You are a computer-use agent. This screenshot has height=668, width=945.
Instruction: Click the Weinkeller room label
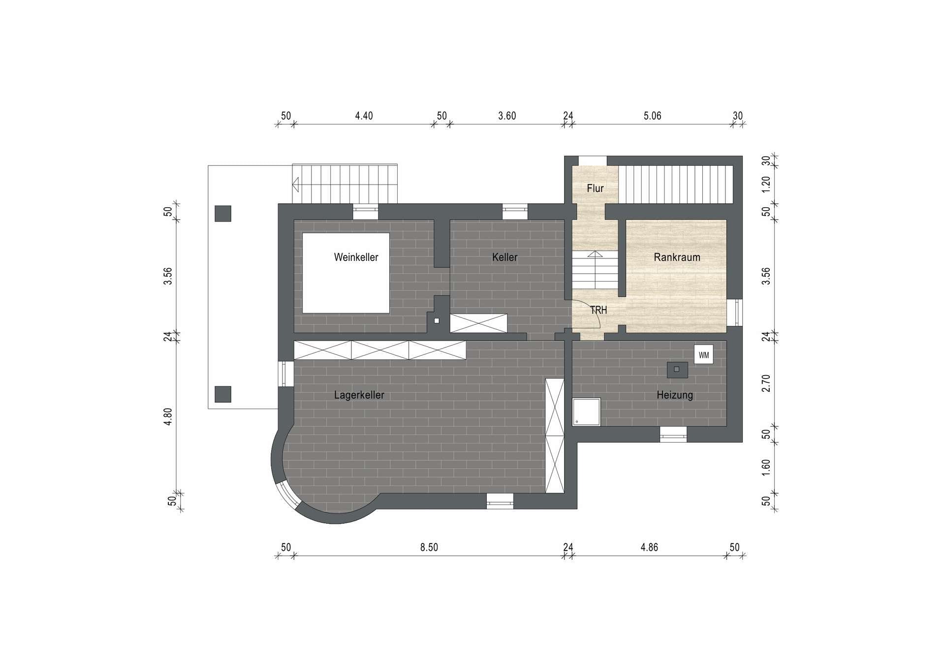tap(356, 257)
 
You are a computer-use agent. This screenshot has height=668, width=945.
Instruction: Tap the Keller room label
tap(504, 257)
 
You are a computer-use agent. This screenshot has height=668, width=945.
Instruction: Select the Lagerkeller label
tap(359, 395)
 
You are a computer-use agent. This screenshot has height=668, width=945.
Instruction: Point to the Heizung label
tap(674, 395)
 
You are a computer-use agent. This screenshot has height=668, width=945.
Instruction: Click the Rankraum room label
tap(677, 257)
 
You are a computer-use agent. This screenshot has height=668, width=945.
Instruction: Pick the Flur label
tap(595, 188)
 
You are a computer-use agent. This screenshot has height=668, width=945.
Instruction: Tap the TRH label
tap(598, 310)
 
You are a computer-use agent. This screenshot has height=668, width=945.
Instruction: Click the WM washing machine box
tap(703, 354)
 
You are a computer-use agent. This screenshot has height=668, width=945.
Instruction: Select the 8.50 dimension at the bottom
tap(429, 547)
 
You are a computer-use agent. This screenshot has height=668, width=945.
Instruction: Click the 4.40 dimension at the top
tap(364, 116)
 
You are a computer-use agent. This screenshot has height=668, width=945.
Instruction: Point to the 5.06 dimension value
tap(652, 116)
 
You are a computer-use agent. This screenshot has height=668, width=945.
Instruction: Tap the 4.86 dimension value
tap(649, 547)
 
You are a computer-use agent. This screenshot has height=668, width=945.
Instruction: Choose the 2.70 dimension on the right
tap(766, 383)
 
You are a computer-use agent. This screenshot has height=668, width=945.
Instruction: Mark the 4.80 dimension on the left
tap(168, 416)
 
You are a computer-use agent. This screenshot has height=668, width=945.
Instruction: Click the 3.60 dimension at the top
tap(507, 116)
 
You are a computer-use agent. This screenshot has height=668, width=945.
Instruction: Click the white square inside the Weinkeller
tap(346, 273)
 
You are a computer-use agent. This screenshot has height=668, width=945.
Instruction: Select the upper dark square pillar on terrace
tap(223, 214)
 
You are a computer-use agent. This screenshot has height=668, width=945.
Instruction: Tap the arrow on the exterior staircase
tap(296, 185)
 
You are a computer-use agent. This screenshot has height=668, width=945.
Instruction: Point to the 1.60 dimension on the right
tap(766, 468)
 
